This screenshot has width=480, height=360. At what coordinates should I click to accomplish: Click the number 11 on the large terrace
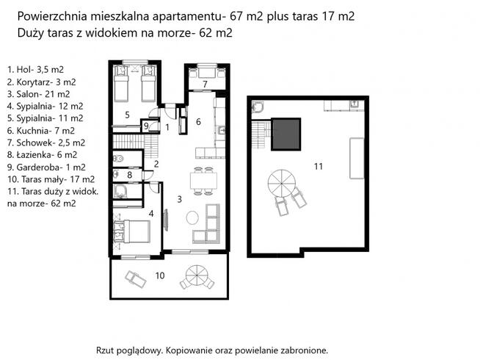pyautogui.click(x=318, y=167)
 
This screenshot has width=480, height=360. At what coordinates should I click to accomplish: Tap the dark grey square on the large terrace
pyautogui.click(x=286, y=133)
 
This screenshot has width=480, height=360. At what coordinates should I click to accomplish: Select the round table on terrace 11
pyautogui.click(x=280, y=179)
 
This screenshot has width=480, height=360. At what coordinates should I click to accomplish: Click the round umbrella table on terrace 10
pyautogui.click(x=197, y=277)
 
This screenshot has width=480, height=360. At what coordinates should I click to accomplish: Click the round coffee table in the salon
pyautogui.click(x=192, y=218)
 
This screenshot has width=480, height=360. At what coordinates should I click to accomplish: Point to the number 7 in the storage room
pyautogui.click(x=206, y=84)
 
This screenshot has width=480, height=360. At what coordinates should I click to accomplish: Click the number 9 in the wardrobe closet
pyautogui.click(x=147, y=126)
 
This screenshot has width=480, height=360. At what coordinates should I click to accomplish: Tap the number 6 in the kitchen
pyautogui.click(x=198, y=122)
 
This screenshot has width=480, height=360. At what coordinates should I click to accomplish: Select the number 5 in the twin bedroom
pyautogui.click(x=127, y=115)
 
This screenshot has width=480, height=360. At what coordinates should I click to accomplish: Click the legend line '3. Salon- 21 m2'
pyautogui.click(x=38, y=94)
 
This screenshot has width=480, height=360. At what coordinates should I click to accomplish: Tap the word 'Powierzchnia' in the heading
pyautogui.click(x=50, y=15)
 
